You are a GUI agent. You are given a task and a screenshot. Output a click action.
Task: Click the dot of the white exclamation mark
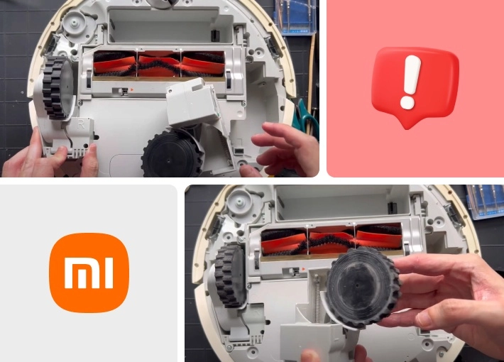(x=407, y=102)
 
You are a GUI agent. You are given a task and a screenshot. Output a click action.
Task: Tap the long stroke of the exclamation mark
(x=412, y=75)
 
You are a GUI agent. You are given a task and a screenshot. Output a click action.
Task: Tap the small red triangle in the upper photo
(x=132, y=90)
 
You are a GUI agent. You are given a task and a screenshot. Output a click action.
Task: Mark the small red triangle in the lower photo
(x=303, y=269)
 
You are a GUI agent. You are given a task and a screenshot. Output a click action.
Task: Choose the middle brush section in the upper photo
(x=159, y=65)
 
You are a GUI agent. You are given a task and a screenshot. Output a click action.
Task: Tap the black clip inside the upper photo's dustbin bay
(x=214, y=35)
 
